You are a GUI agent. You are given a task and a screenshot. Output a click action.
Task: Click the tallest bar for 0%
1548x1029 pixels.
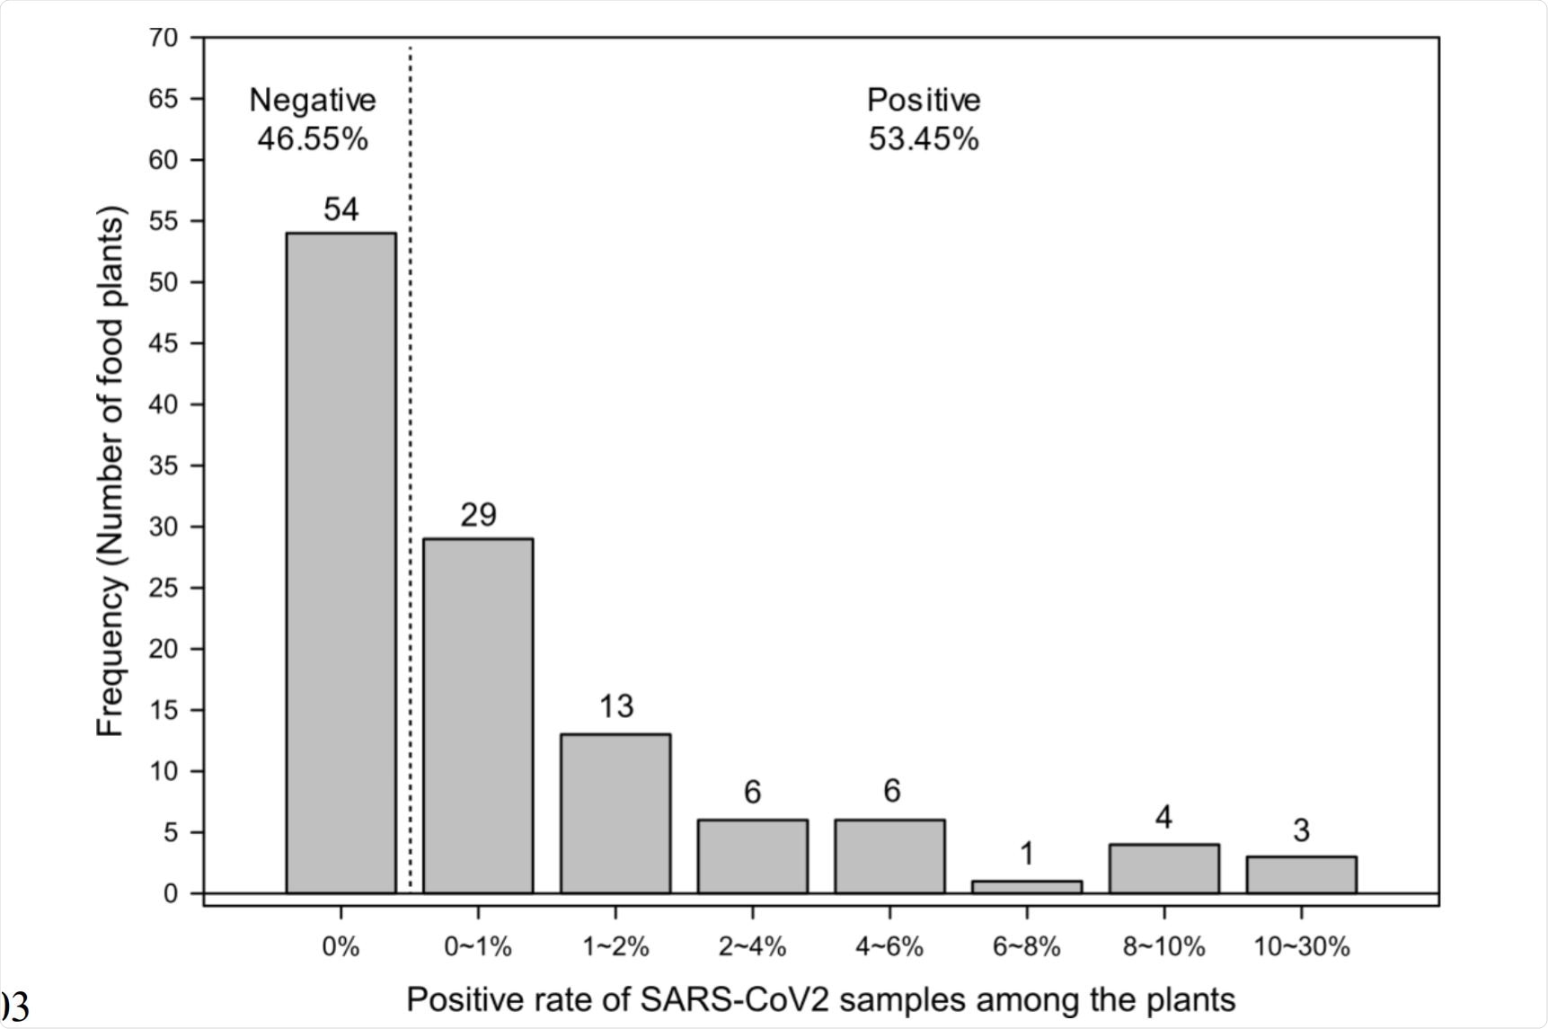click(341, 563)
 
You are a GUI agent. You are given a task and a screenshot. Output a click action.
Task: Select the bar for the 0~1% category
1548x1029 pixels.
click(478, 715)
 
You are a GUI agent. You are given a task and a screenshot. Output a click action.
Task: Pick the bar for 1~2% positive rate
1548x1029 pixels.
click(615, 813)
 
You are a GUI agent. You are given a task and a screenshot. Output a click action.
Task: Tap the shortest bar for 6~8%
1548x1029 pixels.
click(1027, 887)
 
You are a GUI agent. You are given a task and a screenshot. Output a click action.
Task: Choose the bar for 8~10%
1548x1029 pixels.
click(1164, 868)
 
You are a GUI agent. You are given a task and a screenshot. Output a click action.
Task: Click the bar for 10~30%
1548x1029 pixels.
click(1301, 874)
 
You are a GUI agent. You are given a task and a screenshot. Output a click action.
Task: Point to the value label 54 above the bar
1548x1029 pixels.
click(341, 209)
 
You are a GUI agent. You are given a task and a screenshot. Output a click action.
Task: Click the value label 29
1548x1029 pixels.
click(478, 515)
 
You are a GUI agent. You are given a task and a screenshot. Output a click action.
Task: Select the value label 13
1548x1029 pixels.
click(616, 707)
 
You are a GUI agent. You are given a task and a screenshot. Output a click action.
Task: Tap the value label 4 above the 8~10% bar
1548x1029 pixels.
click(1163, 818)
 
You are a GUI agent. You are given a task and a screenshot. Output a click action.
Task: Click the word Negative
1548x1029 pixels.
click(312, 100)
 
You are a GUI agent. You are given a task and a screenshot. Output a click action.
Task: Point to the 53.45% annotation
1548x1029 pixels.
click(924, 139)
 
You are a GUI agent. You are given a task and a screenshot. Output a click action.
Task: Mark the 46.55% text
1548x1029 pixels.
click(312, 139)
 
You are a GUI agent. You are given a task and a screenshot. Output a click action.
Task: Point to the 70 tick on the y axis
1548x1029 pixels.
click(164, 38)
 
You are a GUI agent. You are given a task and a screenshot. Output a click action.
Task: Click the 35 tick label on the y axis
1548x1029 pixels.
click(164, 466)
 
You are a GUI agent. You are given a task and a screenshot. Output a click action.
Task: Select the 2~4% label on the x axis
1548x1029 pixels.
click(752, 946)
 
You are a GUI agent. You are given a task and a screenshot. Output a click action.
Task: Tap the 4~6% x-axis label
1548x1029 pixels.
click(889, 946)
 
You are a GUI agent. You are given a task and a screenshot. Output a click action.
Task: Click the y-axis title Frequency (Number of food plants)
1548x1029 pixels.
click(111, 472)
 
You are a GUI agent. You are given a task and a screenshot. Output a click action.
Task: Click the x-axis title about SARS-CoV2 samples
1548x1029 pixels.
click(820, 999)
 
